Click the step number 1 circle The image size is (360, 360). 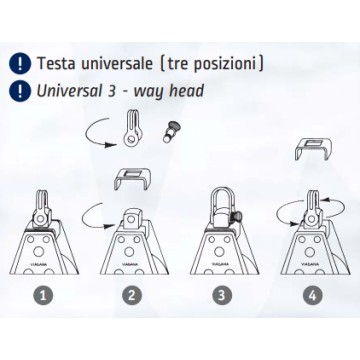coord(43,295)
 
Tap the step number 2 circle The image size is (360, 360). coord(132,295)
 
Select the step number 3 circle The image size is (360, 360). coord(222,295)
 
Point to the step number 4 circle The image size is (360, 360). coord(313,295)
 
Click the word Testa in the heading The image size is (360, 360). coord(56,63)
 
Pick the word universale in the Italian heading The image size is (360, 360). coord(116,63)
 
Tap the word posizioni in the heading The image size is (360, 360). coord(226,64)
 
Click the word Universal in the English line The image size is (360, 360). coord(68,91)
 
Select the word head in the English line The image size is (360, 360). coord(186,91)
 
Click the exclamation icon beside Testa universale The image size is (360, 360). coord(20,63)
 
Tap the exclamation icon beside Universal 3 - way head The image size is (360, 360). coord(20,91)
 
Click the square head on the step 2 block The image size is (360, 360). coord(131,219)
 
